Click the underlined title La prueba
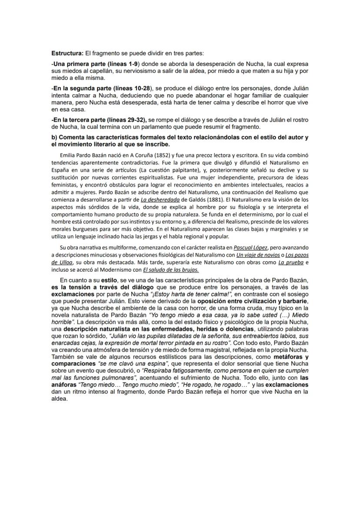click(291, 262)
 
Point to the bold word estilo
click(109, 281)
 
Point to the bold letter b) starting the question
click(55, 137)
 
